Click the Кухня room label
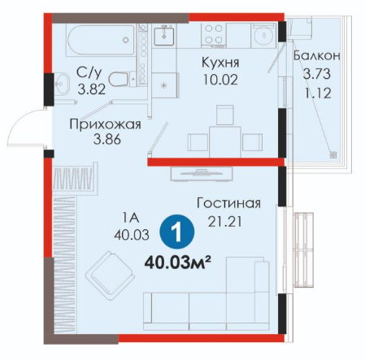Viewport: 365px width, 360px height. point(220,63)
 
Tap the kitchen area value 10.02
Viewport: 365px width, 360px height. point(220,80)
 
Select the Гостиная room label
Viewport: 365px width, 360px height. point(228,203)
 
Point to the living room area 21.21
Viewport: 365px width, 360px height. point(224,222)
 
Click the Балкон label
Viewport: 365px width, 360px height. point(317,55)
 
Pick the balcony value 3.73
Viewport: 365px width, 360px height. point(317,74)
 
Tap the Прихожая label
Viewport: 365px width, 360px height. point(105,125)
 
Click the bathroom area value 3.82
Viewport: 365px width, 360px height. point(92,89)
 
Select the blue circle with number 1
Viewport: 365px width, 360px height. point(177,232)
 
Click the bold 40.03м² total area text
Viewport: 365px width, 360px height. point(178,262)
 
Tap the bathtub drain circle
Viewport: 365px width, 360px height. point(125,40)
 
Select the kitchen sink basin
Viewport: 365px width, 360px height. point(164,35)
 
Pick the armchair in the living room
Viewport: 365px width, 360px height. point(111,275)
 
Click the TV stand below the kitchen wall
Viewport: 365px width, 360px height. point(202,173)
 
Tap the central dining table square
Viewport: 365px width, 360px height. point(225,141)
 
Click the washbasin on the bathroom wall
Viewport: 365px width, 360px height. point(62,84)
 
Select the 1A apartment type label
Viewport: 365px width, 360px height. point(131,218)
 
